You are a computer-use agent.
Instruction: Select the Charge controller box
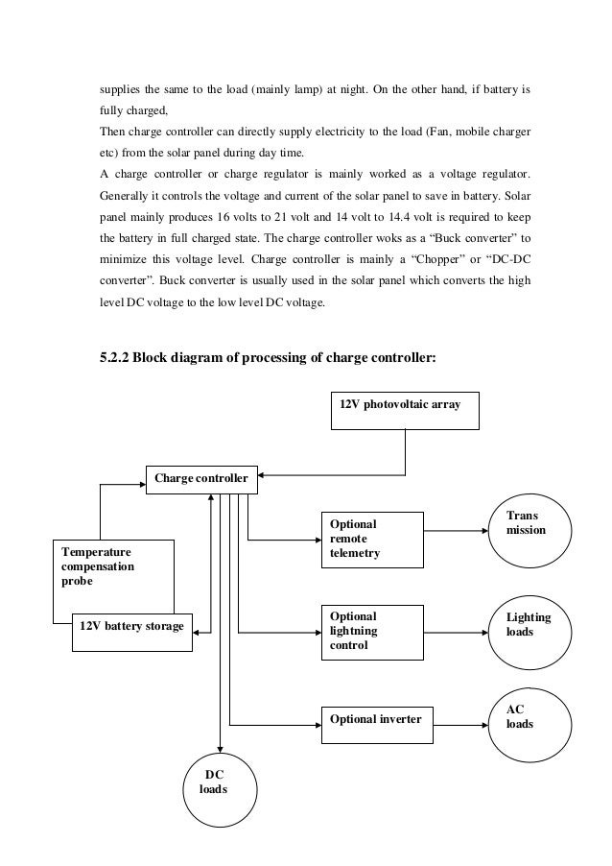(201, 478)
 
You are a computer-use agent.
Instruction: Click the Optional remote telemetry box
(370, 539)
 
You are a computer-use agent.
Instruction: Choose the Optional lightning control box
(370, 632)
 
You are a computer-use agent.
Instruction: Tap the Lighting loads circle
(530, 627)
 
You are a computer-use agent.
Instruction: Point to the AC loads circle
(530, 719)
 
